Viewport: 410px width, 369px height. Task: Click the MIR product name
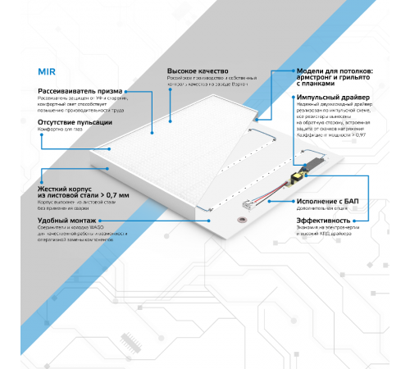point(48,71)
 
